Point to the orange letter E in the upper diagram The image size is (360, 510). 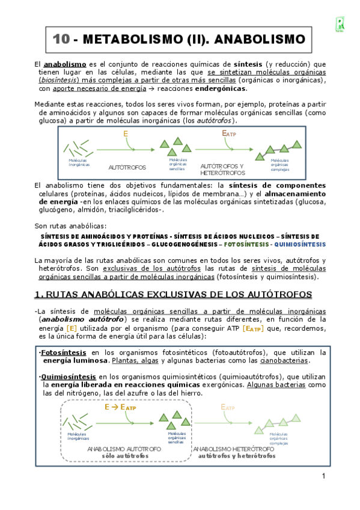point(126,134)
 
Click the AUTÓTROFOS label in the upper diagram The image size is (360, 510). point(127,166)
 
